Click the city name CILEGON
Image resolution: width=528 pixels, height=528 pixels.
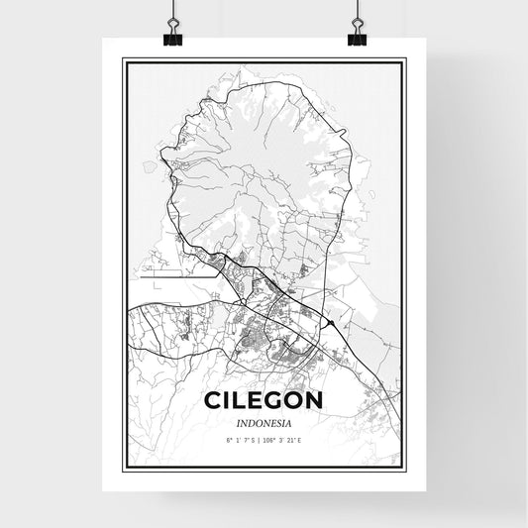click(x=264, y=401)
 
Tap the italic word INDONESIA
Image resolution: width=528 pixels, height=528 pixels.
click(x=264, y=421)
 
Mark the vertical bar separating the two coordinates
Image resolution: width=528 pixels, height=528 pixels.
click(x=263, y=438)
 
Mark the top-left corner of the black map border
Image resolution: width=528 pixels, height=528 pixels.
click(x=123, y=60)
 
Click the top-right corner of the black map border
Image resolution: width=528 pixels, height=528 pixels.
click(x=406, y=60)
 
